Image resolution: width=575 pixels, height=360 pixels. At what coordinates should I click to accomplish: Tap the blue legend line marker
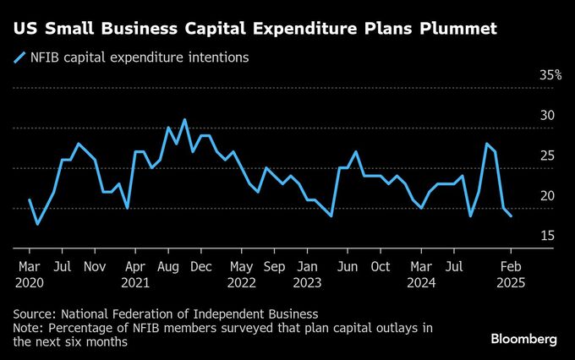pos(19,57)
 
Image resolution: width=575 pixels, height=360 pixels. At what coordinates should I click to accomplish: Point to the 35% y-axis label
pos(550,75)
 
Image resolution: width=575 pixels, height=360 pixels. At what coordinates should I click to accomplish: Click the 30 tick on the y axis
pos(548,116)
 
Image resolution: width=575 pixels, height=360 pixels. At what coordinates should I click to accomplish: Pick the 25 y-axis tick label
pos(548,155)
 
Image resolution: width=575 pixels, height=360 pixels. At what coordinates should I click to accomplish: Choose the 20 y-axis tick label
pos(548,196)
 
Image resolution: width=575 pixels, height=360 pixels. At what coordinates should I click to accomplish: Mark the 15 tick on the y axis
pos(548,236)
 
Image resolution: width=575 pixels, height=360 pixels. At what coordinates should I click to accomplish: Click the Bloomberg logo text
pos(524,339)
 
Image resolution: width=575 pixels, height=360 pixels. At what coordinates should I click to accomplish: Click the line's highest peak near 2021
pos(184,119)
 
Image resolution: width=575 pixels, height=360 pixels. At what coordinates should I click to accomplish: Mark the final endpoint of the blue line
pos(511,216)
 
